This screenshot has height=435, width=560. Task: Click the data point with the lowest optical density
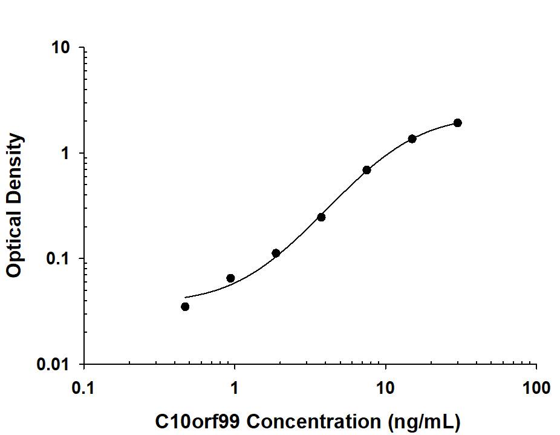coord(185,307)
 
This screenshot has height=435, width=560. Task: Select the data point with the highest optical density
coord(458,123)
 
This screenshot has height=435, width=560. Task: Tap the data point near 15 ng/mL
coord(412,139)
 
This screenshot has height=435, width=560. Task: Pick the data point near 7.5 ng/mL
coord(367,170)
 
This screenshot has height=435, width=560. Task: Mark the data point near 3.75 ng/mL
coord(321,217)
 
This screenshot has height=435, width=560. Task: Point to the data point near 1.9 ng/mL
coord(276,253)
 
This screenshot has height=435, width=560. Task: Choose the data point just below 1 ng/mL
coord(230,278)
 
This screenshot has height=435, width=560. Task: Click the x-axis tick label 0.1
coord(83,387)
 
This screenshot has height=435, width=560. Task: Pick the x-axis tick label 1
coord(235,387)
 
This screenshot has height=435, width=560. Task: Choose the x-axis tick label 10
coord(385,387)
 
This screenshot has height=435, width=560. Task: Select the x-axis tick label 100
coord(536,387)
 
